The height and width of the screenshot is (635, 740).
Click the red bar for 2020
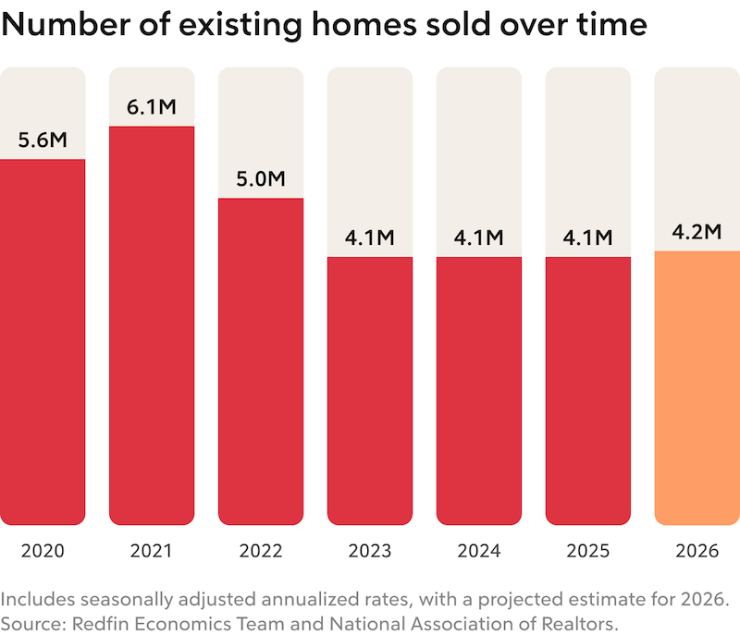43,342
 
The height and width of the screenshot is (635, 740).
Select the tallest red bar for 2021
152,324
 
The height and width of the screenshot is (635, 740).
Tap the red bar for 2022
261,360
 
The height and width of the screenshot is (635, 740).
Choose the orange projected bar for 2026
697,388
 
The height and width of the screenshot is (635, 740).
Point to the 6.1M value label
152,107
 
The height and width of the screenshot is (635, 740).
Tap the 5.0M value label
261,178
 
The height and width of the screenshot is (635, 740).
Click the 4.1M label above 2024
479,238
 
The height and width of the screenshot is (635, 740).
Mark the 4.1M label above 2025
588,238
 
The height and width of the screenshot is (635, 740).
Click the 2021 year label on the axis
152,552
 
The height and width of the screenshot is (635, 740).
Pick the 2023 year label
370,552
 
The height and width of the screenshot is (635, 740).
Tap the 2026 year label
697,552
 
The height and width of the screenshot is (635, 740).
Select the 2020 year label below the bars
43,552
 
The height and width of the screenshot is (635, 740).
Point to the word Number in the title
57,24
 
